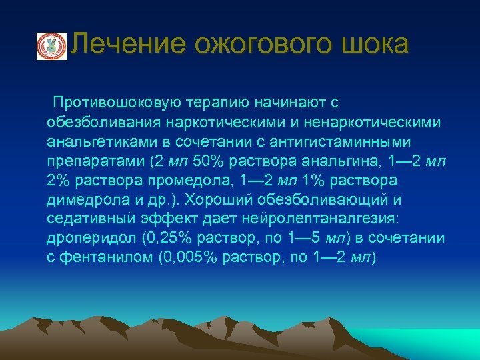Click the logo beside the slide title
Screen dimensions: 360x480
click(51, 46)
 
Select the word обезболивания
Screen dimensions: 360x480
click(97, 123)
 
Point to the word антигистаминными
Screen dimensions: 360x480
click(353, 142)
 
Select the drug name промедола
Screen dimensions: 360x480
click(171, 181)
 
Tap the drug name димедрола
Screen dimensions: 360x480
click(83, 200)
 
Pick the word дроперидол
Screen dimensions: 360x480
click(85, 239)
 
